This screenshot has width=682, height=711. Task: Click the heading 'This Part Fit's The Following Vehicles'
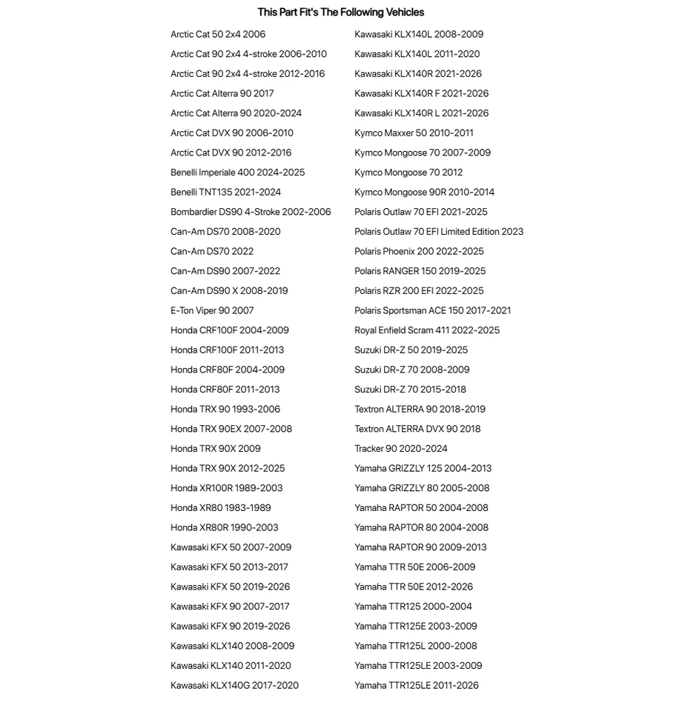[341, 12]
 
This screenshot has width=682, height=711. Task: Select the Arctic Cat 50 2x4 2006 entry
[218, 34]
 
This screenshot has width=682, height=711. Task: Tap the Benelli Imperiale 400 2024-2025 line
[237, 173]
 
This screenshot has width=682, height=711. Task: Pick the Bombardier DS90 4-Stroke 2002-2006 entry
[251, 212]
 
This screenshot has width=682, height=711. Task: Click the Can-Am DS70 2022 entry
[212, 251]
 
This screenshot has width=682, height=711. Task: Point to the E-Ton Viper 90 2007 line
[212, 310]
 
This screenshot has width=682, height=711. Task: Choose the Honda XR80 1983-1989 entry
[221, 508]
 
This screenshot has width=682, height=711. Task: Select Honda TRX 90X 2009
[216, 449]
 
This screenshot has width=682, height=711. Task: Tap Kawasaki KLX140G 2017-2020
[234, 685]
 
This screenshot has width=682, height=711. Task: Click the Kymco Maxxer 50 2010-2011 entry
[414, 133]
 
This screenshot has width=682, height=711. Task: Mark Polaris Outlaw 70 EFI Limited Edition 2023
[439, 232]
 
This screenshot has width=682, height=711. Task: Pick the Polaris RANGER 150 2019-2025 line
[420, 271]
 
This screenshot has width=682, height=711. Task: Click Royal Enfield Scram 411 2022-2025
[427, 330]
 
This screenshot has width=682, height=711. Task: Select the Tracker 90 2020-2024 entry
[401, 449]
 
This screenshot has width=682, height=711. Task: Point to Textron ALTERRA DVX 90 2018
[417, 429]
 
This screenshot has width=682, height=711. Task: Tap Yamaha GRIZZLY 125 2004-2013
[423, 468]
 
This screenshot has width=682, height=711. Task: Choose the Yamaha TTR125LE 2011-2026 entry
[417, 685]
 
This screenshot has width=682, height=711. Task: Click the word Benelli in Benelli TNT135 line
[183, 193]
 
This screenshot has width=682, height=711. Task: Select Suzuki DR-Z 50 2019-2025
[411, 350]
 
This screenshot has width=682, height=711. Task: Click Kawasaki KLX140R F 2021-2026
[421, 93]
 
